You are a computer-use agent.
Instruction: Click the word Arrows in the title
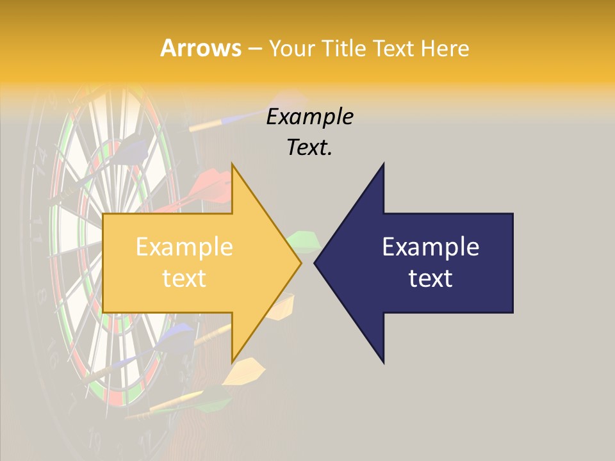click(x=201, y=48)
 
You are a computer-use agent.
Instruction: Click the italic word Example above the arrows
click(x=309, y=117)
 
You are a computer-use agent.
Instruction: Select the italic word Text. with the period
click(x=309, y=148)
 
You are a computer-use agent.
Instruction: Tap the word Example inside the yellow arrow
click(x=184, y=247)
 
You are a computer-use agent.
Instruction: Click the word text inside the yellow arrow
click(x=184, y=279)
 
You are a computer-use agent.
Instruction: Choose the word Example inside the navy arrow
click(x=430, y=247)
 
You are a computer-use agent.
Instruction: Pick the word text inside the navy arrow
click(x=430, y=279)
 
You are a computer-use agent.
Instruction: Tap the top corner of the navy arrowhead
click(x=383, y=165)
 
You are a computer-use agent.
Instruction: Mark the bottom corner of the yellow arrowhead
click(x=233, y=361)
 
